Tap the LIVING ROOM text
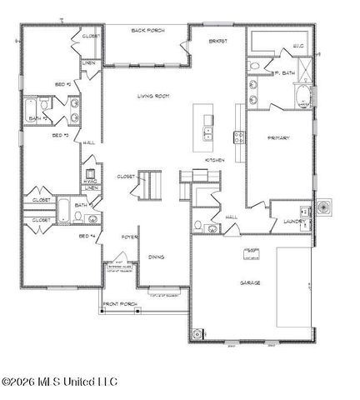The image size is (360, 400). pos(153,97)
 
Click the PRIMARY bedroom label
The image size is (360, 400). pos(277,137)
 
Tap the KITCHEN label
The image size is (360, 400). pos(216,159)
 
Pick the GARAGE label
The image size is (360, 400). pos(249,283)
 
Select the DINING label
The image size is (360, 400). pos(156,257)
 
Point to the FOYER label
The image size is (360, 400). pos(128,237)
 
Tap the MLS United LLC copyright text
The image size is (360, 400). pos(59,382)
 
